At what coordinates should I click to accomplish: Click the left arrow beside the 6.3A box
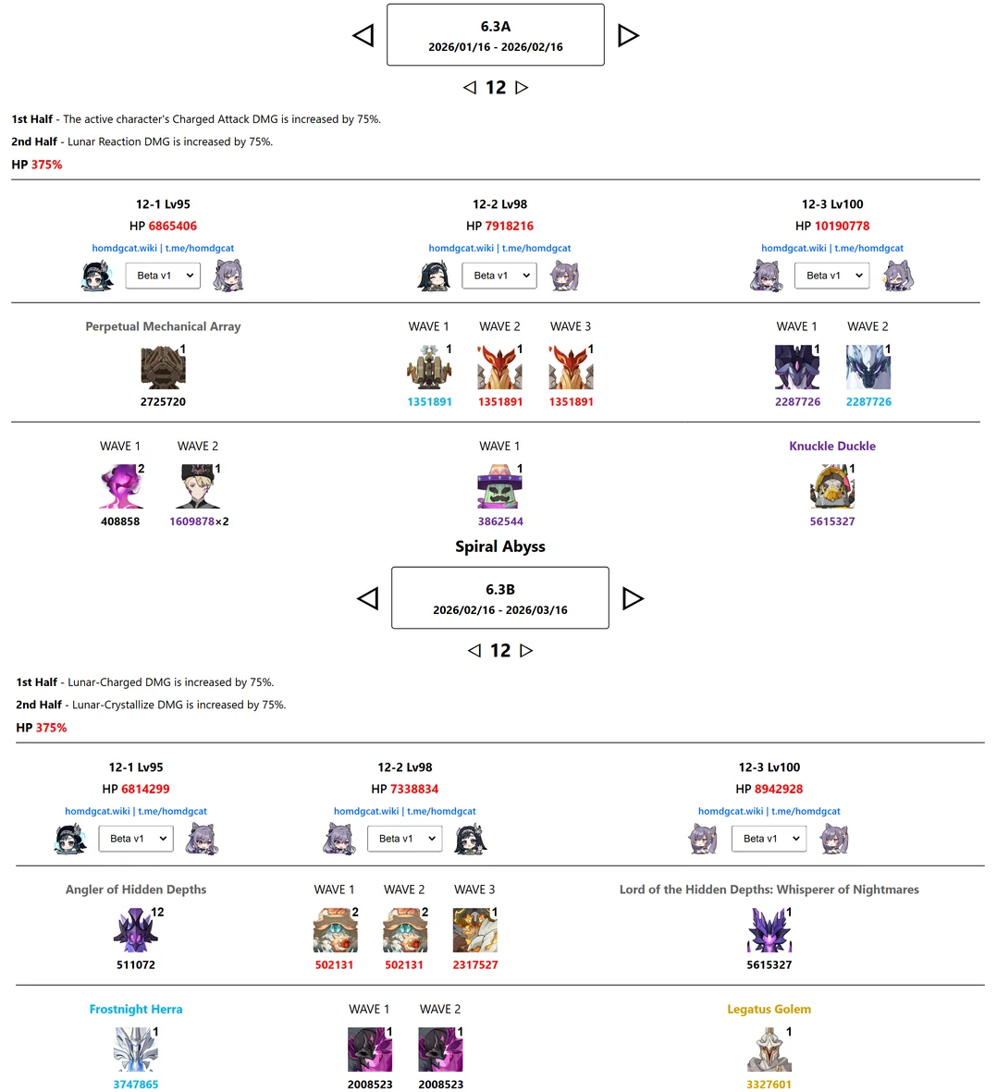point(363,35)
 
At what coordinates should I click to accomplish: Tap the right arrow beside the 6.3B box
point(633,598)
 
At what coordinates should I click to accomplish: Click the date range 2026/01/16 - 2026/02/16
point(495,47)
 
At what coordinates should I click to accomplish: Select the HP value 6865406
point(172,226)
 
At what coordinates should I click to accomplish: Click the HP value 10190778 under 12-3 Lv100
point(842,226)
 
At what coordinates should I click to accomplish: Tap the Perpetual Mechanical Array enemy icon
point(163,367)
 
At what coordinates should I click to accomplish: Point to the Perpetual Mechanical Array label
point(163,326)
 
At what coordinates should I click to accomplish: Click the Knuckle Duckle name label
point(831,446)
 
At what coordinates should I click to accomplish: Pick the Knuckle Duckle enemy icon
point(831,486)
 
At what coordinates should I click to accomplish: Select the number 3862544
point(500,521)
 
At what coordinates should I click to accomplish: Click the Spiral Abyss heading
point(499,546)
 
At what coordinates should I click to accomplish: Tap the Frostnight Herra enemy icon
point(135,1049)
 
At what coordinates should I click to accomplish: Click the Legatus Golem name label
point(769,1009)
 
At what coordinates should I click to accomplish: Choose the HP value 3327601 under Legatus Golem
point(769,1085)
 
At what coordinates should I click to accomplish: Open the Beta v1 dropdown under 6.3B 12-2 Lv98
point(405,839)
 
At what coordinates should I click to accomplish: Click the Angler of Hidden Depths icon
point(135,930)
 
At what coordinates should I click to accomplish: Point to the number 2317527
point(474,964)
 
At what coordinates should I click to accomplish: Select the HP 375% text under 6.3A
point(37,165)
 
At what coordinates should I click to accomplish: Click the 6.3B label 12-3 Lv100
point(769,767)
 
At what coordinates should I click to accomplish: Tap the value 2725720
point(163,402)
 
